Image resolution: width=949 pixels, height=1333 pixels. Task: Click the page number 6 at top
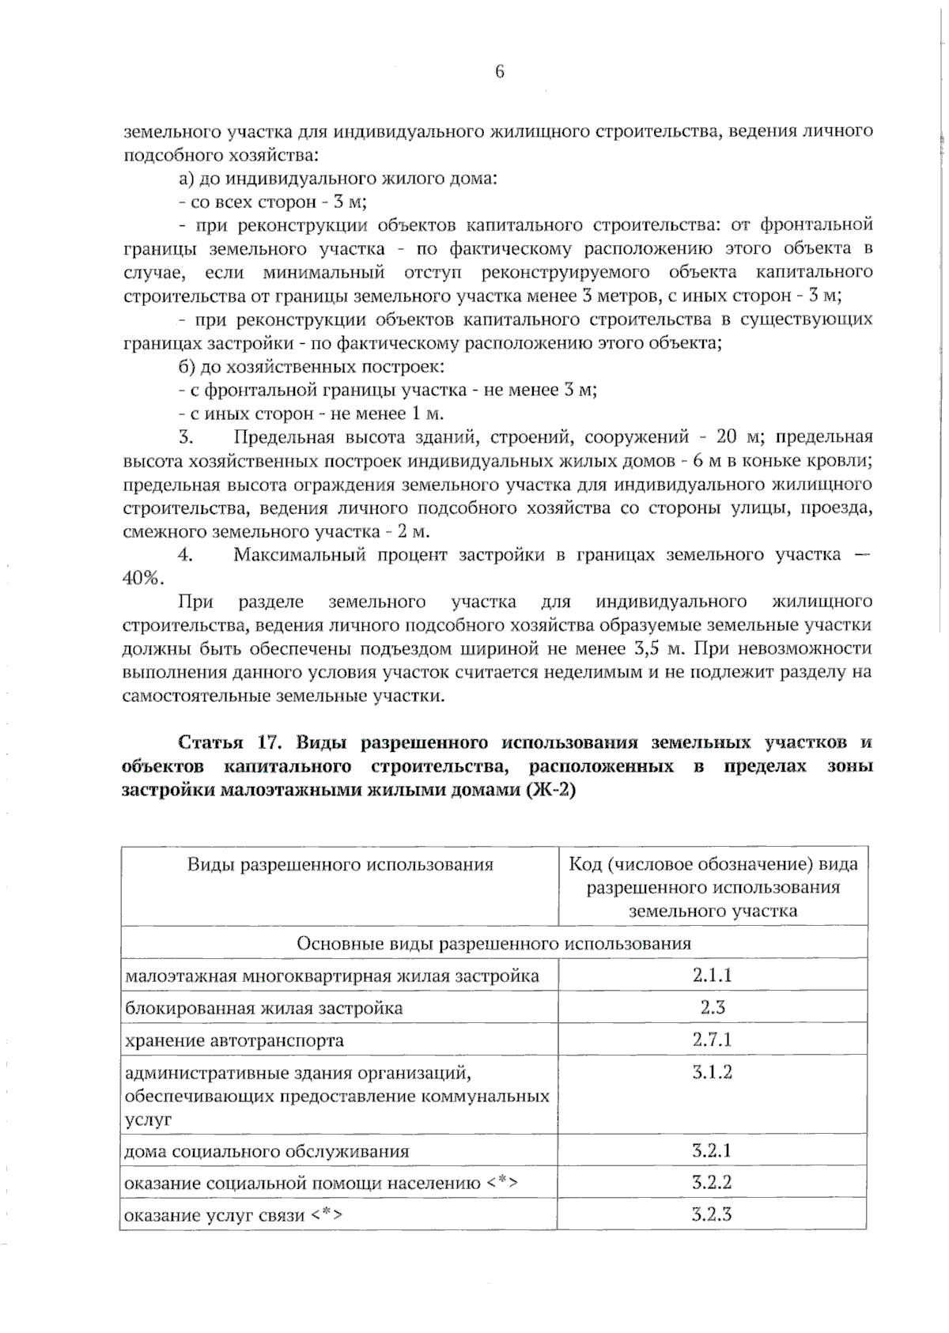pos(499,73)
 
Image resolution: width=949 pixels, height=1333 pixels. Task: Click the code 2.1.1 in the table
pos(712,975)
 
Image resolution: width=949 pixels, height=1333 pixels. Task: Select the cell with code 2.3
pos(712,1007)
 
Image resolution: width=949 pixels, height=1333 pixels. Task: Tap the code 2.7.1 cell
pos(712,1039)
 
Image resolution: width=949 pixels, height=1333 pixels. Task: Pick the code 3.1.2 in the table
pos(712,1072)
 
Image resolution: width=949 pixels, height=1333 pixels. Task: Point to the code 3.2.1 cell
pos(712,1150)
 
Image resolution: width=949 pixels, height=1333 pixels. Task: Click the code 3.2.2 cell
pos(712,1183)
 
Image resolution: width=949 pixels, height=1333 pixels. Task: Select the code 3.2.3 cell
pos(712,1214)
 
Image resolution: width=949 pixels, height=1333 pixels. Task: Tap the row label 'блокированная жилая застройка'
pos(264,1008)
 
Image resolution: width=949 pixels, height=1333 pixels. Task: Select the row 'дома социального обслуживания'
pos(267,1151)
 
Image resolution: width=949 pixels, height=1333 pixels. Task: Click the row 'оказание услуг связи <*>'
pos(234,1216)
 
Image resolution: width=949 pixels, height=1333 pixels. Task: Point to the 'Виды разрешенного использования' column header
pos(340,864)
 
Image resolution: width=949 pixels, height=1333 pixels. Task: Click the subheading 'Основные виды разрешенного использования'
pos(493,943)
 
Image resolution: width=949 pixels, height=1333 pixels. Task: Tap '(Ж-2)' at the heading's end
pos(550,790)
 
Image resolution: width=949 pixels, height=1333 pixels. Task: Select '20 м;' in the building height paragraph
pos(739,437)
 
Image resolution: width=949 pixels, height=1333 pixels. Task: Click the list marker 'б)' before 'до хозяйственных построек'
pos(187,367)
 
